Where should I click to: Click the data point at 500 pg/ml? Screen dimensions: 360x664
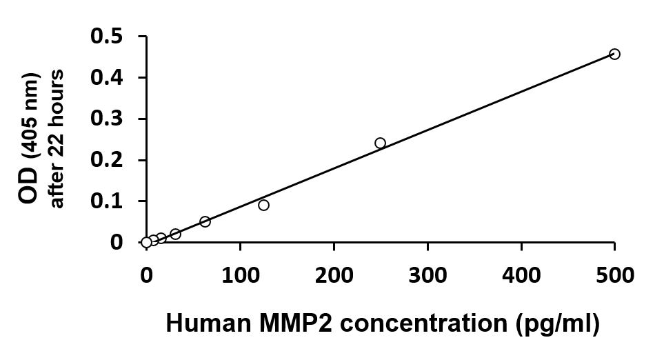tap(614, 54)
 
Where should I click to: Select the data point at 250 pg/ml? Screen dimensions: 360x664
tap(380, 143)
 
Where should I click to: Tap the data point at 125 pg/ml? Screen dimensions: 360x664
tap(263, 205)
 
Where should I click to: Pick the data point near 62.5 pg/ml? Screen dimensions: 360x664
tap(205, 221)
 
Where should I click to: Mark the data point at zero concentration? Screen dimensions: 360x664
tap(146, 242)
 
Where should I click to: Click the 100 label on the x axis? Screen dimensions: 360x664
tap(240, 276)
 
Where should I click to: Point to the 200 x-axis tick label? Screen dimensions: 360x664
tap(334, 276)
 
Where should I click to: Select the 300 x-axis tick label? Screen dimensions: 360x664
tap(427, 276)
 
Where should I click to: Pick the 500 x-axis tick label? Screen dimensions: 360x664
tap(614, 276)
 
